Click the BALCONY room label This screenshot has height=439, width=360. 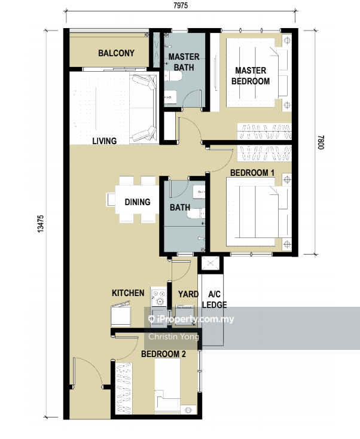[x=116, y=53]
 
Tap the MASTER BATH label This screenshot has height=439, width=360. [x=184, y=62]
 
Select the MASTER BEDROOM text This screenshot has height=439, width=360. [x=251, y=75]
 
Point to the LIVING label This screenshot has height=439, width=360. [x=105, y=141]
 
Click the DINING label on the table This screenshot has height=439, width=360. [x=138, y=202]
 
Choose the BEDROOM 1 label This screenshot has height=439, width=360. [x=252, y=173]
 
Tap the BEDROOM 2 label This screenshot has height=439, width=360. [x=163, y=354]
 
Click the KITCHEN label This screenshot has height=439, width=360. [x=128, y=293]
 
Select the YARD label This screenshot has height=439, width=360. [x=188, y=294]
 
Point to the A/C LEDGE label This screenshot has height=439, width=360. [x=215, y=299]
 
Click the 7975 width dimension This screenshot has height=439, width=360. [x=181, y=5]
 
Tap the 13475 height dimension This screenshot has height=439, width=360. [x=41, y=224]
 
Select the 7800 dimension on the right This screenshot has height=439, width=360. [x=321, y=142]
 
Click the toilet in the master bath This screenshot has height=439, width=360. [x=173, y=75]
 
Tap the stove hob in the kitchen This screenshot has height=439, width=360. [x=158, y=297]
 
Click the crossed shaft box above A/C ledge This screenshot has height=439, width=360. [x=210, y=263]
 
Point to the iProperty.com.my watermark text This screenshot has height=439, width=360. [x=192, y=319]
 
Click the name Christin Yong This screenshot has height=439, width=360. [x=173, y=337]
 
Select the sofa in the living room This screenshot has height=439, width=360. [x=144, y=108]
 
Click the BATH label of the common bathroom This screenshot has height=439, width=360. [x=180, y=208]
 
